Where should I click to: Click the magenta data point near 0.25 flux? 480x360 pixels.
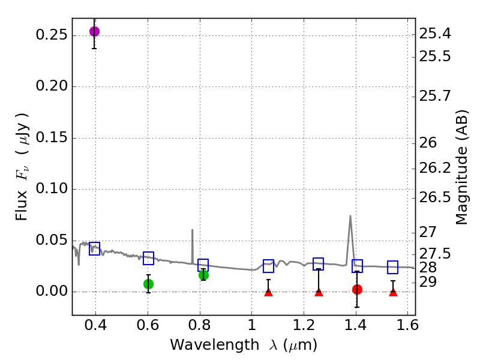[x=94, y=31]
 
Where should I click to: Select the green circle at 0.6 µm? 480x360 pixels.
[x=148, y=284]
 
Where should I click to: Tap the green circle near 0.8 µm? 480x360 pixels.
[x=203, y=275]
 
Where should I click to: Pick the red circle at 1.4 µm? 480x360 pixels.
[x=357, y=289]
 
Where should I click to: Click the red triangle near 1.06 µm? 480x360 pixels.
[x=268, y=292]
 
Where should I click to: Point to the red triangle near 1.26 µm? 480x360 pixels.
[x=319, y=292]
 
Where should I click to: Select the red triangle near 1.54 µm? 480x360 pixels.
[x=393, y=292]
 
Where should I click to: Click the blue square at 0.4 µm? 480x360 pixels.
[x=94, y=248]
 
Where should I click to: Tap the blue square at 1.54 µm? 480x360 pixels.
[x=393, y=267]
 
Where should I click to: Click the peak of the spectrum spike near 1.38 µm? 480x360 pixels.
[x=350, y=216]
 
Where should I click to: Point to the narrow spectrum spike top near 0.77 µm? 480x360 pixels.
[x=192, y=230]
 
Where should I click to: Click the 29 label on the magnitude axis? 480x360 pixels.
[x=431, y=281]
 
